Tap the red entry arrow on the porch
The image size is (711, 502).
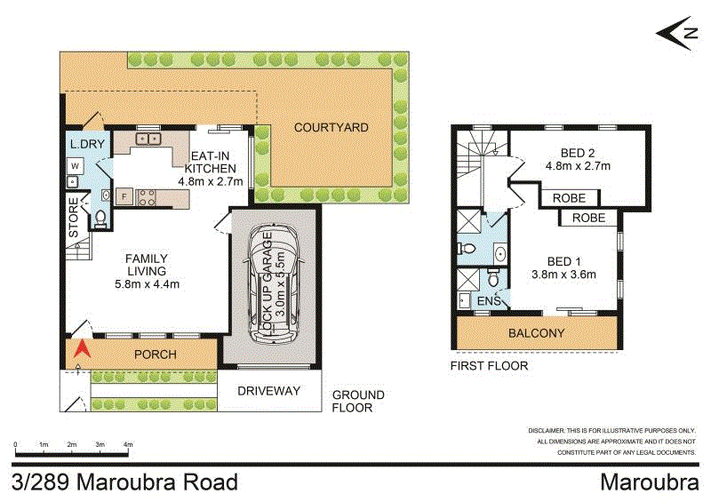click(x=81, y=353)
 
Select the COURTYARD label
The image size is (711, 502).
click(x=332, y=128)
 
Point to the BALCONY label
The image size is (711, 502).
click(x=536, y=333)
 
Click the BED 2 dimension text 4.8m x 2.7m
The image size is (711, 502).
click(x=578, y=164)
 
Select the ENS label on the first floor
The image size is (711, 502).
click(x=490, y=301)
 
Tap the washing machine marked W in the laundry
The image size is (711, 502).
click(x=75, y=165)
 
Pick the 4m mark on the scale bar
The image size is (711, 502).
click(x=128, y=443)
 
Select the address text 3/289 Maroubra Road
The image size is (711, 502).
click(x=125, y=482)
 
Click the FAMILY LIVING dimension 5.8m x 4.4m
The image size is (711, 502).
click(x=148, y=284)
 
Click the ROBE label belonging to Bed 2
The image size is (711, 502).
click(x=568, y=198)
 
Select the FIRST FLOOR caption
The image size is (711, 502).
click(x=489, y=366)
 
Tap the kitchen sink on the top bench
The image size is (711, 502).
click(x=148, y=139)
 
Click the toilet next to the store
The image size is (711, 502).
click(x=100, y=217)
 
